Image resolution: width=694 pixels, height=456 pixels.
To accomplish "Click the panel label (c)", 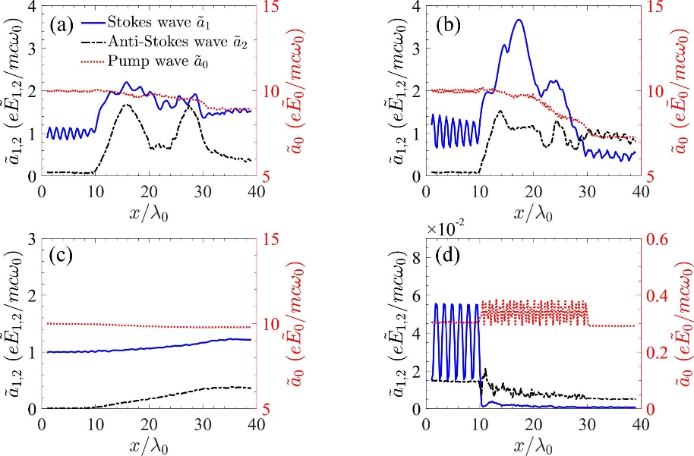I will pyautogui.click(x=62, y=256).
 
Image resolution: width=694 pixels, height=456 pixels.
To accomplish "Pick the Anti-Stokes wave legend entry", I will pyautogui.click(x=170, y=32).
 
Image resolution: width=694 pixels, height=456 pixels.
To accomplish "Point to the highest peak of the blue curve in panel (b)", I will pyautogui.click(x=519, y=20).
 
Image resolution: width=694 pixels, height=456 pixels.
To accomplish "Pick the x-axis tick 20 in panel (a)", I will pyautogui.click(x=149, y=190).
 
